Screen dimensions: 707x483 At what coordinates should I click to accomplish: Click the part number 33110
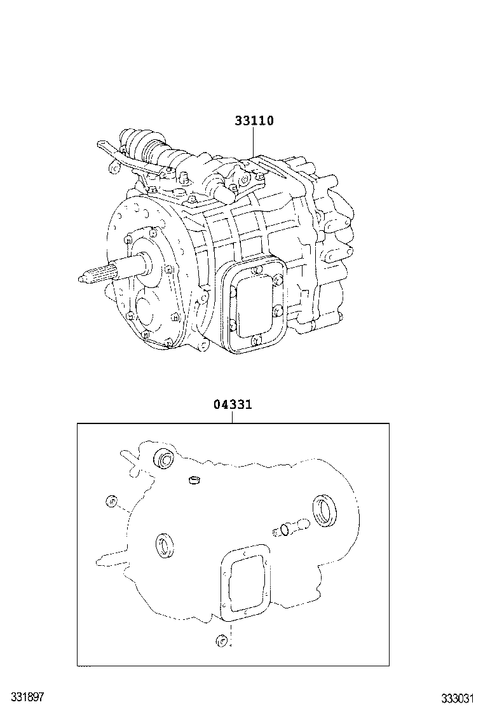(254, 121)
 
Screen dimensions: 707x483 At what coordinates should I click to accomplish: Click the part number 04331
(233, 404)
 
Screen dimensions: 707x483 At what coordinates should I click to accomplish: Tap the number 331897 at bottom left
(22, 697)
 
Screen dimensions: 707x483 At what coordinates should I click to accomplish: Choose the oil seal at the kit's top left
(165, 459)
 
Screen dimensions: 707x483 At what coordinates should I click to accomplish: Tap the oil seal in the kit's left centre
(165, 545)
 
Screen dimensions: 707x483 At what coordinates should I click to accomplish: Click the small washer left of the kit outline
(112, 501)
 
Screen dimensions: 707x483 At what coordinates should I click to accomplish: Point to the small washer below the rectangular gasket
(221, 640)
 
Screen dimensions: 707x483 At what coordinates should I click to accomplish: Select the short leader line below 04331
(233, 417)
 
